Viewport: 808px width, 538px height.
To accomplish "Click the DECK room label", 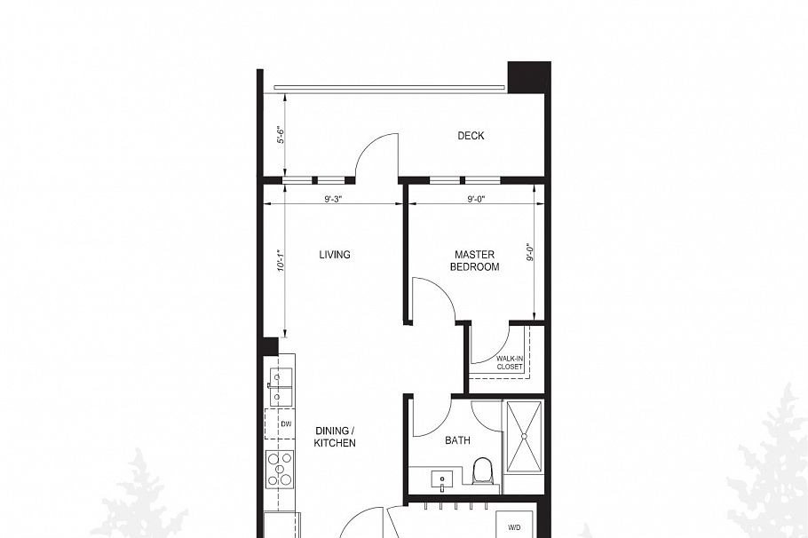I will pos(471,136).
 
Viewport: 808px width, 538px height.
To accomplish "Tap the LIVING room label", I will pos(335,255).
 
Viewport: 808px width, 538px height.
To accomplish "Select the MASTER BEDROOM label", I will pos(474,261).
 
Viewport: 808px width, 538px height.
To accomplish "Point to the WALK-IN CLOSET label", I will pos(509,362).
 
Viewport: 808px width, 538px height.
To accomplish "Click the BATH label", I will pos(457,440).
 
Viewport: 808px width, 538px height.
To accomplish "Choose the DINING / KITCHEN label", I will pos(335,437).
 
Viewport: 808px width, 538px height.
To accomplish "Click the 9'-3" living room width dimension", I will pos(334,199).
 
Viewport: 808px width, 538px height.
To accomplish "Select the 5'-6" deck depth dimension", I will pos(280,134).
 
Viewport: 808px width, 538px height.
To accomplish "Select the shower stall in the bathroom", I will pos(524,437).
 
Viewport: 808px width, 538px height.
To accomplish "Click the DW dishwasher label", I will pos(286,424).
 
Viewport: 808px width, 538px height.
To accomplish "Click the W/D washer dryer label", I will pos(514,527).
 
